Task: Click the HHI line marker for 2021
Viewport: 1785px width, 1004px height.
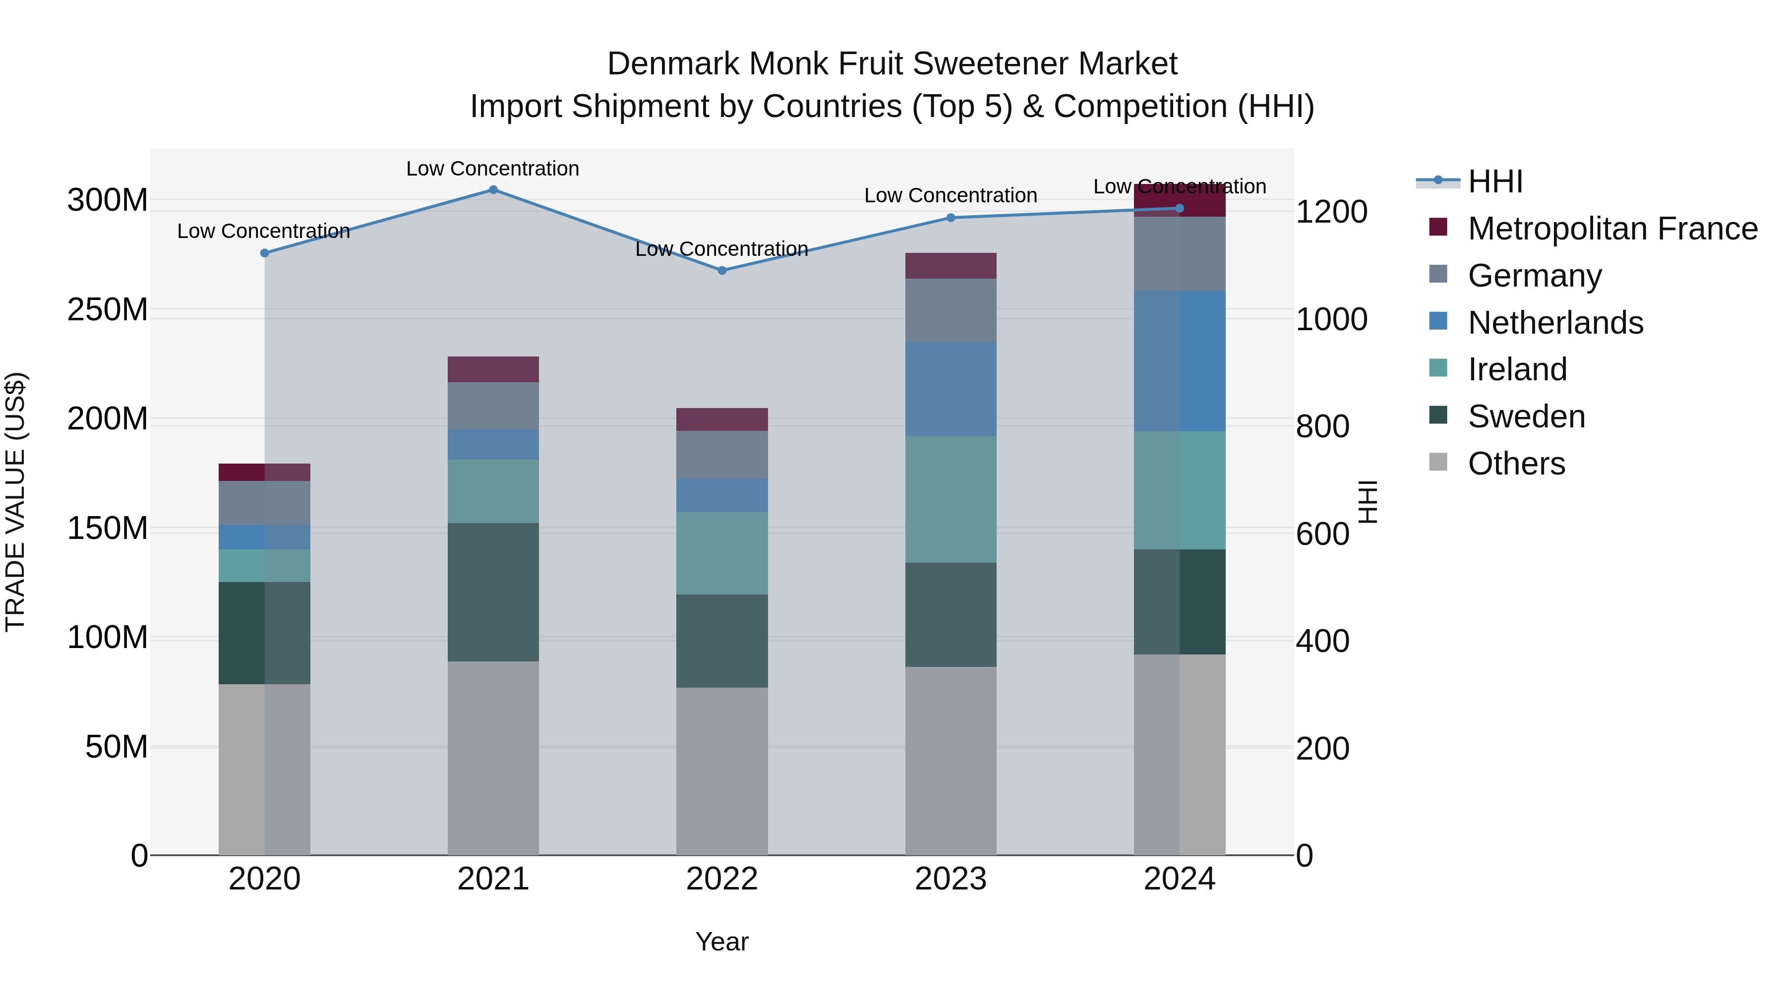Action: point(493,189)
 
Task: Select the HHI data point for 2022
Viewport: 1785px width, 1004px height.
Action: point(721,270)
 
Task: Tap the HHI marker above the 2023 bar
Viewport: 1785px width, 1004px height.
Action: point(950,218)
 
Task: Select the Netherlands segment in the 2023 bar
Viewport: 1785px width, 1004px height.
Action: point(950,389)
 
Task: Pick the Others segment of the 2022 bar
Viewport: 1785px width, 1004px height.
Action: point(721,770)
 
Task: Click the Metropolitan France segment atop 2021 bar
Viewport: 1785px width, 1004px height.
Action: point(493,369)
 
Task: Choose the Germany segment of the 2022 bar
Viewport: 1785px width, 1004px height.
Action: point(721,455)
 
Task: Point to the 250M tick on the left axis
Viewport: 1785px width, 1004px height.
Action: point(108,310)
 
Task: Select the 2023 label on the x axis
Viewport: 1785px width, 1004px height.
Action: point(950,879)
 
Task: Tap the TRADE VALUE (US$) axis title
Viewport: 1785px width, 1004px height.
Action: point(15,502)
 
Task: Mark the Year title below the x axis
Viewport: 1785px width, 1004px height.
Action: point(721,942)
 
